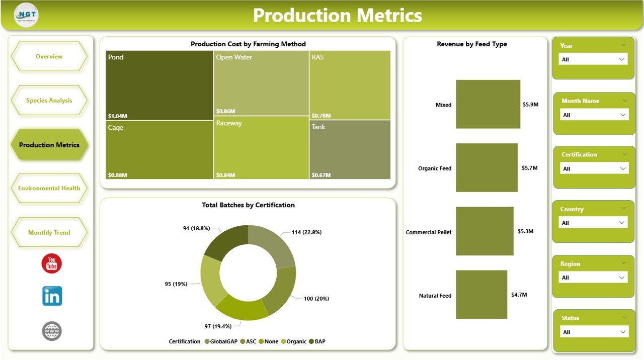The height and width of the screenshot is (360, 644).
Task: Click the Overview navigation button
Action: (49, 56)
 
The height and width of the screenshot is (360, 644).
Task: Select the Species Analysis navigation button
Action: (49, 101)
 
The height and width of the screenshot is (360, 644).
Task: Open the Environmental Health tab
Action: (49, 189)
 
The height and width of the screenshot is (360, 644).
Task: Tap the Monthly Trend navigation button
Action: (49, 233)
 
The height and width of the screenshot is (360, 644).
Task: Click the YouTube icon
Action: (51, 263)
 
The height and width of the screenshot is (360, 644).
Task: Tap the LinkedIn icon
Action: (52, 296)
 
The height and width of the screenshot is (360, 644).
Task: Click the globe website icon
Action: (52, 331)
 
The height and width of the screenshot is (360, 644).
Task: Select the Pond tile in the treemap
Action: (159, 85)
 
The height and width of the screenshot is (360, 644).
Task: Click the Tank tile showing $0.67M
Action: (350, 150)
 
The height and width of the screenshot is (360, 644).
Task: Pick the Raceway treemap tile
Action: (261, 148)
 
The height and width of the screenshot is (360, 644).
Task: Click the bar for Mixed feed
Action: (488, 105)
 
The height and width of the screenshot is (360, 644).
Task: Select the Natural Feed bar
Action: (481, 295)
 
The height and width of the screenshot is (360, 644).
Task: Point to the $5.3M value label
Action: (525, 232)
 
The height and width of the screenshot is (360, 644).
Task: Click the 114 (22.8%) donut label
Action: (306, 232)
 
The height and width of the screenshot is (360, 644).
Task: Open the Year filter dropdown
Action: (593, 59)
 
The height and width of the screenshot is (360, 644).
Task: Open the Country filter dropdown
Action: (593, 223)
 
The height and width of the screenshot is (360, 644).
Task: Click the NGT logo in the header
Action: (26, 15)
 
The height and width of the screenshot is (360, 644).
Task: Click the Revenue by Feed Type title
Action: (471, 44)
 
